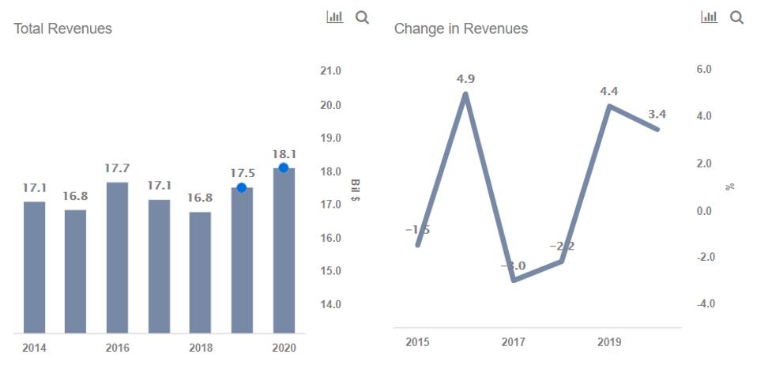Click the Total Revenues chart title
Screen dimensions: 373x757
coord(63,28)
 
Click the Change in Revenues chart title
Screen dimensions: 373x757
coord(461,28)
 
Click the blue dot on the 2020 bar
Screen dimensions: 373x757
coord(284,168)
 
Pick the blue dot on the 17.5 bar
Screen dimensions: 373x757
coord(242,187)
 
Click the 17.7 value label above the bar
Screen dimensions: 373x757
coord(117,168)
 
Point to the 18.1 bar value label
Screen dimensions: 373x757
coord(284,153)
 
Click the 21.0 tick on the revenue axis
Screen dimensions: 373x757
coord(330,71)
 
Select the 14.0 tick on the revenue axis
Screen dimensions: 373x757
coord(330,304)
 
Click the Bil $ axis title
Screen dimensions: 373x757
coord(356,187)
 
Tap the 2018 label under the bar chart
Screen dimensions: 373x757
coord(201,348)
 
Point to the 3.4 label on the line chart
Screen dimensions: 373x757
coord(657,115)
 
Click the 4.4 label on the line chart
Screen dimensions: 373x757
coord(608,91)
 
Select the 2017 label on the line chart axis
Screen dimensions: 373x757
coord(513,342)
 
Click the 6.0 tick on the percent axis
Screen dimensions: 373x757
coord(703,70)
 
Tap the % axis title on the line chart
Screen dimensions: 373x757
coord(731,186)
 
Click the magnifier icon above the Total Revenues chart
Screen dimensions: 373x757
coord(362,17)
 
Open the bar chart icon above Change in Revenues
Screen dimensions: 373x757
coord(709,17)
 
